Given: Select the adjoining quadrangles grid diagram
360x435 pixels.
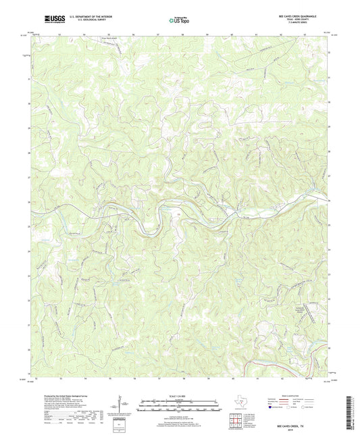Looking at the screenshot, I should click(236, 420).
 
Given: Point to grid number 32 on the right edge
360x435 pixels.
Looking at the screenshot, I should click(329, 52).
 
